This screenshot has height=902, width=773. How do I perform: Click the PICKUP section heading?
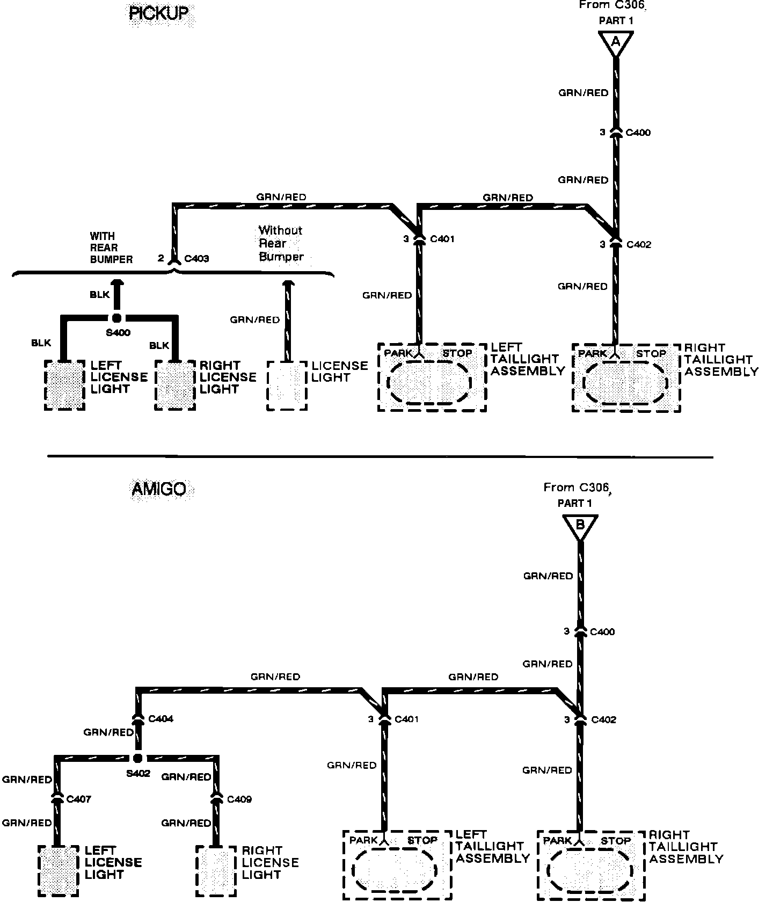pyautogui.click(x=159, y=13)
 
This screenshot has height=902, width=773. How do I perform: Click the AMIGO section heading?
pyautogui.click(x=159, y=489)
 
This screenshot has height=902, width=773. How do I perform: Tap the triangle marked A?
pyautogui.click(x=616, y=42)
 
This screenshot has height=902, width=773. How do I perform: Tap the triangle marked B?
pyautogui.click(x=580, y=526)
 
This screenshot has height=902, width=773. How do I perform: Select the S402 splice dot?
pyautogui.click(x=137, y=758)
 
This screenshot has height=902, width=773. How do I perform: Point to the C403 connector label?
pyautogui.click(x=196, y=259)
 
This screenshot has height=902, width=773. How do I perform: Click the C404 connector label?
pyautogui.click(x=161, y=718)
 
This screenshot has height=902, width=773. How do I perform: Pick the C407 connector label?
pyautogui.click(x=78, y=799)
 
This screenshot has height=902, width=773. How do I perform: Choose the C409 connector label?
pyautogui.click(x=239, y=799)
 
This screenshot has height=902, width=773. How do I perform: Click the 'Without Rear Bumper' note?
pyautogui.click(x=281, y=243)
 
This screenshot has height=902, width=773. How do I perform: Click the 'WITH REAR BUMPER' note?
pyautogui.click(x=111, y=248)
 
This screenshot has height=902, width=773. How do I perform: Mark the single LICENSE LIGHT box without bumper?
pyautogui.click(x=287, y=385)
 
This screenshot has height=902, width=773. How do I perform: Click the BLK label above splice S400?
pyautogui.click(x=100, y=295)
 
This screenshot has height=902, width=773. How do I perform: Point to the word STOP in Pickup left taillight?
pyautogui.click(x=457, y=353)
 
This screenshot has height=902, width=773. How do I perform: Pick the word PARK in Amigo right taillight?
pyautogui.click(x=557, y=840)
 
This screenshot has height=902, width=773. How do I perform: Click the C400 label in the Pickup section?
pyautogui.click(x=638, y=133)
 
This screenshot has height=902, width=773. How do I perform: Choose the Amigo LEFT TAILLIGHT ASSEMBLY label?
pyautogui.click(x=492, y=847)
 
